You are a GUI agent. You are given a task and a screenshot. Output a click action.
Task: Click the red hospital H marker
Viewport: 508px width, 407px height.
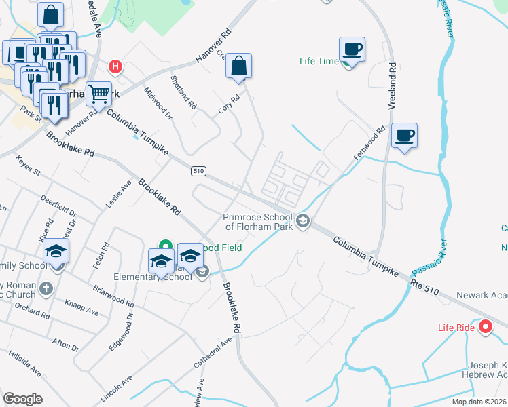point(116,66)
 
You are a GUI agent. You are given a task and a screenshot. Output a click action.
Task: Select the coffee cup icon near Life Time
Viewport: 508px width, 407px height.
point(352,50)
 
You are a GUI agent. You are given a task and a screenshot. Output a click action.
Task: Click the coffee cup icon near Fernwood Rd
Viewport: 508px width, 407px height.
point(404,135)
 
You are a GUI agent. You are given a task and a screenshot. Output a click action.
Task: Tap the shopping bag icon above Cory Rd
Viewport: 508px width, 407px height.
point(238,66)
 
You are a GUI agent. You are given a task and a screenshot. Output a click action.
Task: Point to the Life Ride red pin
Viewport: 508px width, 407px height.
point(486,328)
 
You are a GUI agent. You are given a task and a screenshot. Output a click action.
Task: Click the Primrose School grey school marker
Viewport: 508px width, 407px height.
point(303,220)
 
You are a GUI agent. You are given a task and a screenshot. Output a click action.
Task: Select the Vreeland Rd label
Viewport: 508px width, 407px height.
point(393,85)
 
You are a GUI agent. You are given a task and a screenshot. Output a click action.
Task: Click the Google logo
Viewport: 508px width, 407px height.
point(22,399)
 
